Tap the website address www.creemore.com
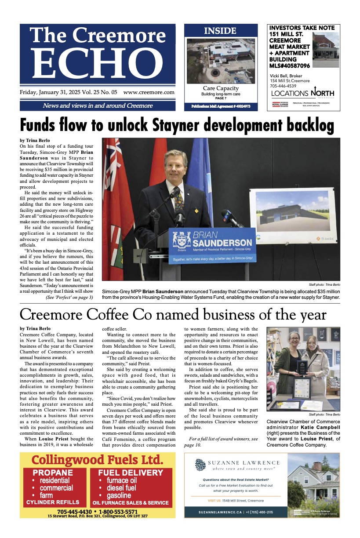tap(149, 93)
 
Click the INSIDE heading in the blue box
tap(220, 31)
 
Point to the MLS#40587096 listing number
tap(290, 65)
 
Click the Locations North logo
tap(302, 93)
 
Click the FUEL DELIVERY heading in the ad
tap(131, 473)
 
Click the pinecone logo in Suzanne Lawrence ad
tap(200, 465)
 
